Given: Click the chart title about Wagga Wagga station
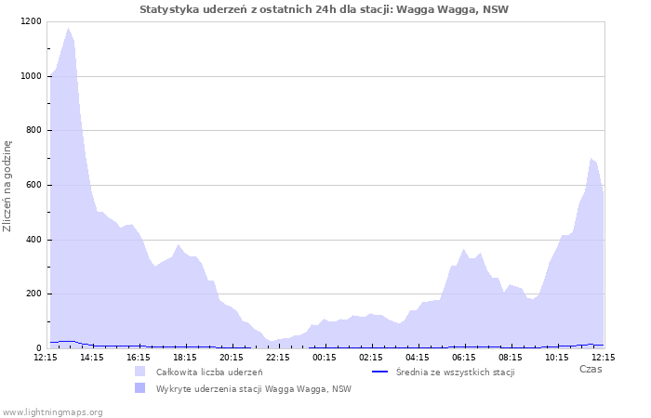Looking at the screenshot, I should (x=325, y=9).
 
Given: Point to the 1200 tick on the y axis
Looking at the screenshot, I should (x=30, y=21).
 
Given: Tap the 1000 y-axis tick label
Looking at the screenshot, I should (x=30, y=76).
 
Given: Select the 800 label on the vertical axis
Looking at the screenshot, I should (x=33, y=131).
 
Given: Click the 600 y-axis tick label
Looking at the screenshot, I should (x=33, y=185).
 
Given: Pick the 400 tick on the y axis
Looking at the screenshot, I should (x=33, y=240).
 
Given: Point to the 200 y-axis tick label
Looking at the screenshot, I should (x=33, y=294).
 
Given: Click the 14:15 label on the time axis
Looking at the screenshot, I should (x=92, y=357).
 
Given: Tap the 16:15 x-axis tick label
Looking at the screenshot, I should (x=139, y=357).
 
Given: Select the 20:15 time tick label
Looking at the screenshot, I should (x=232, y=357).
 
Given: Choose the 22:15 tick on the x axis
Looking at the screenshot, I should (x=278, y=357).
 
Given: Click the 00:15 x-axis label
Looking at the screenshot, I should (x=325, y=357).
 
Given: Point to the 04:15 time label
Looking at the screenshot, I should (x=418, y=357).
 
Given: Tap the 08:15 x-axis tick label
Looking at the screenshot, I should (x=511, y=357).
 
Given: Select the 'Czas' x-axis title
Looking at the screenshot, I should (x=590, y=369).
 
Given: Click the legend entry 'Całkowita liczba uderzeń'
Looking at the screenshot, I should (x=208, y=372).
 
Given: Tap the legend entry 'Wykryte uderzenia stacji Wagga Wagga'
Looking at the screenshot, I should (x=253, y=388).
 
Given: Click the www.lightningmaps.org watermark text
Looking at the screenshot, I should (x=52, y=411).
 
